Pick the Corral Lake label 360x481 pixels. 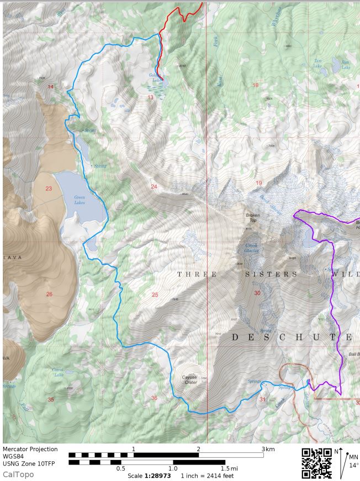click(58, 372)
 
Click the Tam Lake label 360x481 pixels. click(317, 63)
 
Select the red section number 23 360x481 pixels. click(49, 189)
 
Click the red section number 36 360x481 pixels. click(154, 398)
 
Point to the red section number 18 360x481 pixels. click(255, 85)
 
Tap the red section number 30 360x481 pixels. click(257, 293)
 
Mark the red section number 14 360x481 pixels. click(50, 87)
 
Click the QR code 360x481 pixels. click(317, 462)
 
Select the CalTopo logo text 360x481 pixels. click(18, 474)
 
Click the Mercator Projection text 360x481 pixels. click(30, 449)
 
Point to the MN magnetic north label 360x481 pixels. click(353, 457)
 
